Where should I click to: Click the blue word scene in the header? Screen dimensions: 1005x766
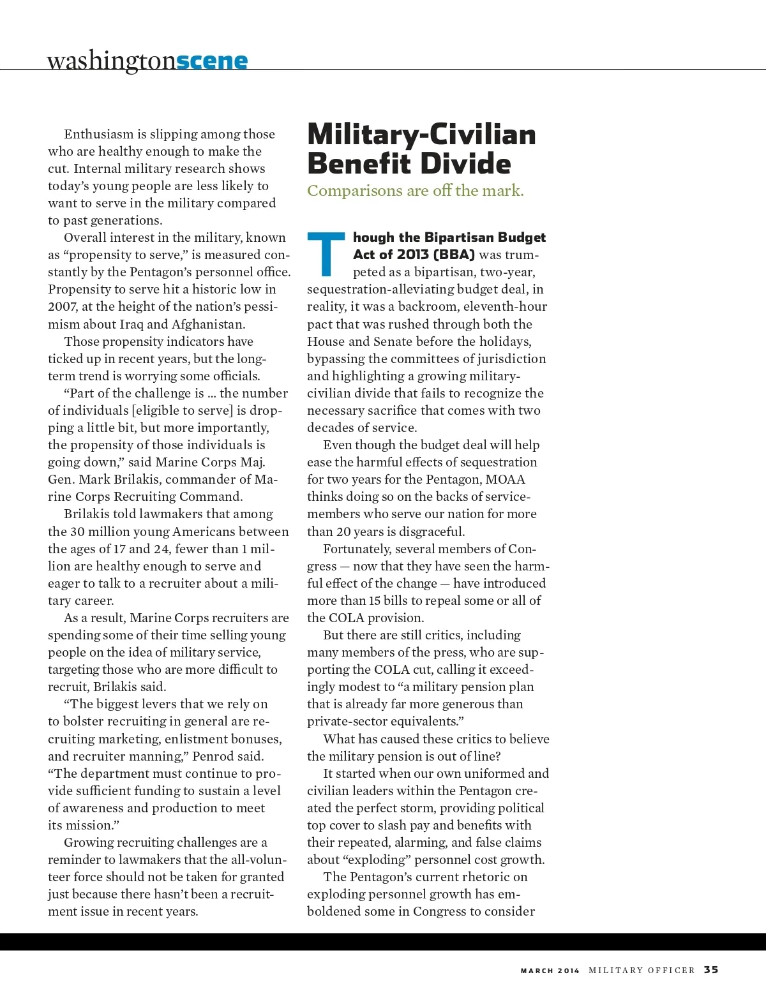tap(211, 61)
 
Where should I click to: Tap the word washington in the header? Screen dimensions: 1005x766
tap(111, 61)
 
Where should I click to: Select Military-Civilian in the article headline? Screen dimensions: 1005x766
tap(421, 134)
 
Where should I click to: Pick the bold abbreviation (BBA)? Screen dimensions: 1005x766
tap(454, 255)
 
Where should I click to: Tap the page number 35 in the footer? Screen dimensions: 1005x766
tap(710, 970)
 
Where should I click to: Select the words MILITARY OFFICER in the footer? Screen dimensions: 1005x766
tap(642, 971)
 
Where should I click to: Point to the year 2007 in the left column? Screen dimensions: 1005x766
tap(63, 307)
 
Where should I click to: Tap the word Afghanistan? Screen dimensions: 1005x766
tap(208, 324)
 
